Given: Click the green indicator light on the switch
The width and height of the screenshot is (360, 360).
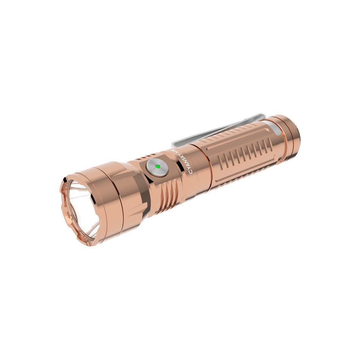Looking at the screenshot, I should tap(158, 166).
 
